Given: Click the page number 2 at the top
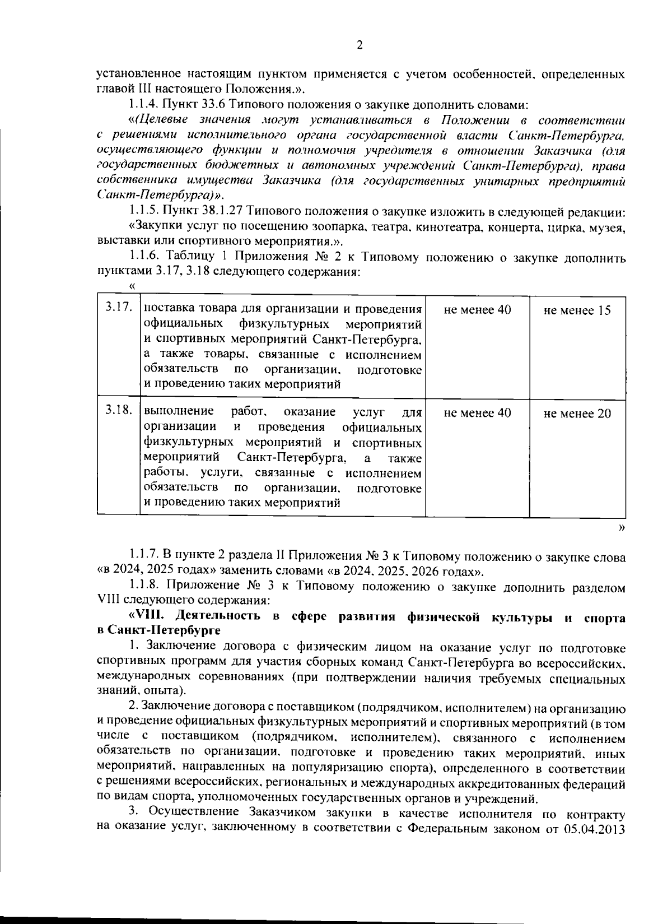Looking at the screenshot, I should tap(359, 45).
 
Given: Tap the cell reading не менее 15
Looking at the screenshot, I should tap(577, 310).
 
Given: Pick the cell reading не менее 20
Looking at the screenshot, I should tap(577, 414).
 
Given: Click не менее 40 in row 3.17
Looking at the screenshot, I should tap(477, 310).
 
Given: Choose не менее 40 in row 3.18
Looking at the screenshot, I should tap(477, 413).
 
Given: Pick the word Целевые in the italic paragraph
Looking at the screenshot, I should tap(161, 120).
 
